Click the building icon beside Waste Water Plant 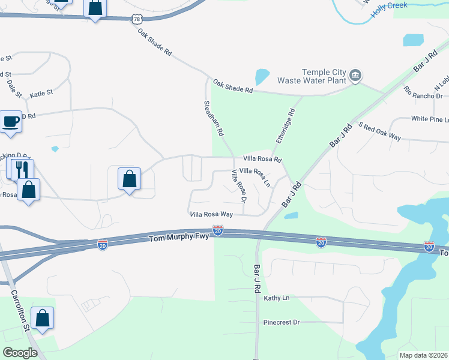(356, 75)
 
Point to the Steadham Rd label (214, 118)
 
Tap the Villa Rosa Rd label (262, 160)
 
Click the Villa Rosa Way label (211, 214)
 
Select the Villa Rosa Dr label (239, 186)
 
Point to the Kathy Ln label (276, 298)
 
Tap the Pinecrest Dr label (281, 322)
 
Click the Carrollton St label (20, 311)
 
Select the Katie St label (41, 93)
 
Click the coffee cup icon (11, 122)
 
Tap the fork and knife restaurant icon (22, 169)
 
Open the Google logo (20, 352)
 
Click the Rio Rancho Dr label (423, 92)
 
